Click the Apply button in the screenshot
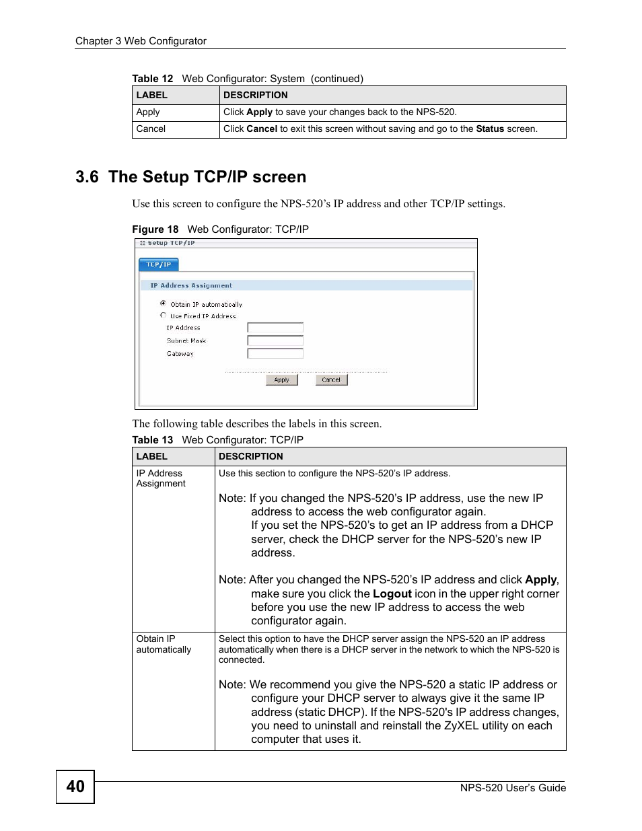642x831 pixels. pos(281,380)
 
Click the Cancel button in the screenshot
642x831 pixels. pos(331,380)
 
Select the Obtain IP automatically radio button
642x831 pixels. pos(163,303)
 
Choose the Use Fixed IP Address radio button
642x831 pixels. pos(163,315)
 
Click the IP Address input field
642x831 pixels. pos(275,328)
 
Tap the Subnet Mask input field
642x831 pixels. pos(275,340)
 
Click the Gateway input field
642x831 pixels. pos(275,353)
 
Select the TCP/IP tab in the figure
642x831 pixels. pos(159,264)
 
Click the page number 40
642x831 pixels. pos(75,787)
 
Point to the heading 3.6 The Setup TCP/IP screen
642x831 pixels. pos(190,177)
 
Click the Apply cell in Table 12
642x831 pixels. pos(148,112)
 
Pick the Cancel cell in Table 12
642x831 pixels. pos(151,129)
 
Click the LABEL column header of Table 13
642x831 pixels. pos(151,456)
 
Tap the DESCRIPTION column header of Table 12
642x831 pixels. pos(255,95)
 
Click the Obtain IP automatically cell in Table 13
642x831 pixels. pos(164,644)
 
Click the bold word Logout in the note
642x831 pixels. pos(392,593)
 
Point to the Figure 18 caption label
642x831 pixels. pos(155,229)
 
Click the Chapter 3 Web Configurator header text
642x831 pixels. pos(141,41)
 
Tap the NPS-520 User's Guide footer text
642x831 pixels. pos(513,788)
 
